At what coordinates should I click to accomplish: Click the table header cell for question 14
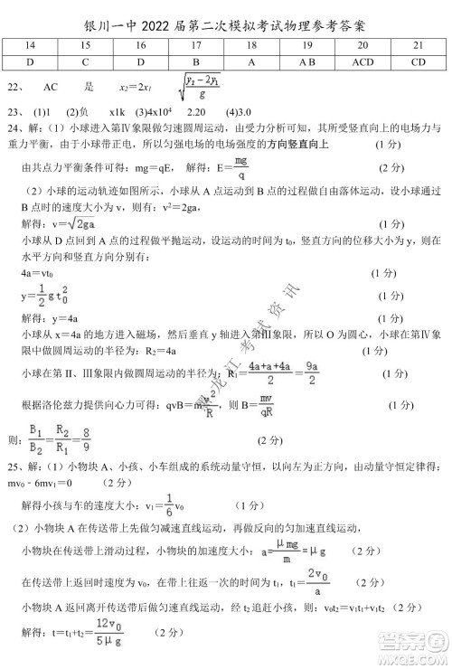(31, 43)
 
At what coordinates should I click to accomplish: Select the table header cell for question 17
(196, 43)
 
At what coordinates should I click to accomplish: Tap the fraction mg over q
(240, 167)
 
